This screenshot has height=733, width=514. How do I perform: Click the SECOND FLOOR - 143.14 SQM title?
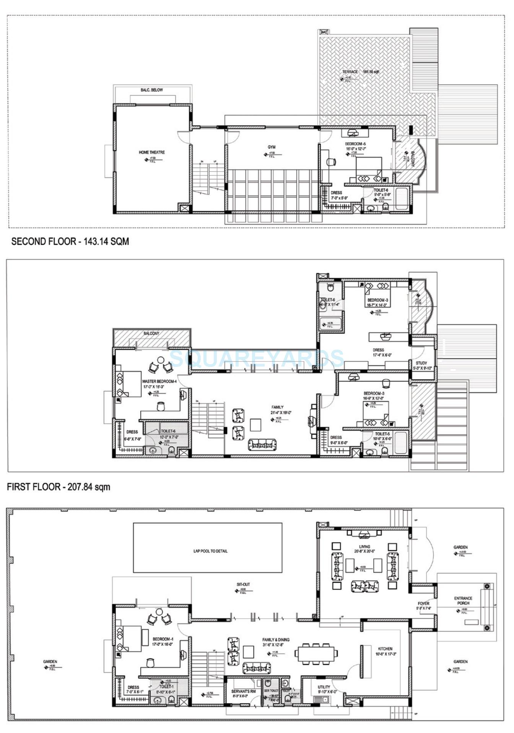click(x=70, y=241)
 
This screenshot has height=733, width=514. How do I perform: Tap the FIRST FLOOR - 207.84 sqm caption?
click(x=59, y=487)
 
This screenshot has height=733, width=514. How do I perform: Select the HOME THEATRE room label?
click(x=151, y=152)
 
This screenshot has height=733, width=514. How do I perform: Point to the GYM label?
click(x=272, y=147)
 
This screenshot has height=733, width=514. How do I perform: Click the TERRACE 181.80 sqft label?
click(x=360, y=72)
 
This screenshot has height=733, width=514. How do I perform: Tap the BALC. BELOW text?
click(x=151, y=90)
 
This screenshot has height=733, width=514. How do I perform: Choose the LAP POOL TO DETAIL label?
click(x=210, y=551)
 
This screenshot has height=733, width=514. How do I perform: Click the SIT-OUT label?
click(x=243, y=585)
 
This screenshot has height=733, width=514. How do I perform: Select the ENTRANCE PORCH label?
click(x=463, y=600)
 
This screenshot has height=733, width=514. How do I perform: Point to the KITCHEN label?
click(x=385, y=649)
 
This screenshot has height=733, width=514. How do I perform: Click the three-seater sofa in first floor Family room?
click(x=262, y=445)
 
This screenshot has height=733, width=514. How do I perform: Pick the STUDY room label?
click(x=421, y=363)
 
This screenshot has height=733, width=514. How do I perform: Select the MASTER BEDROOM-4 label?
click(x=159, y=381)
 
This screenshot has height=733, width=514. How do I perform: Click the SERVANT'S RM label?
click(x=243, y=691)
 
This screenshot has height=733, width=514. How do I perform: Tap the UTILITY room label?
click(x=324, y=687)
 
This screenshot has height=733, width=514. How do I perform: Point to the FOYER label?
click(x=423, y=604)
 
